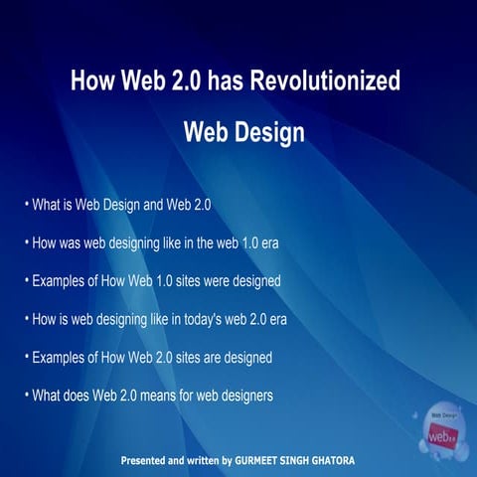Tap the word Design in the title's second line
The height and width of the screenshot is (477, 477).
point(263,133)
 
